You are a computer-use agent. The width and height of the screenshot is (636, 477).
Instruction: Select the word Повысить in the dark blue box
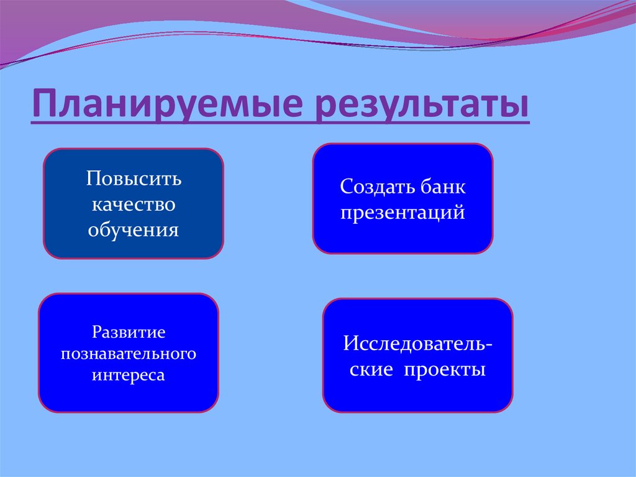(x=134, y=179)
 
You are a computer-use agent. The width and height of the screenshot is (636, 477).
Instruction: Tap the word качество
(x=134, y=205)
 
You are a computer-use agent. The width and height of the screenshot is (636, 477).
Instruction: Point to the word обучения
(x=134, y=231)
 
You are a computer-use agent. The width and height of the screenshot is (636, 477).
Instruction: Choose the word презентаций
(x=402, y=212)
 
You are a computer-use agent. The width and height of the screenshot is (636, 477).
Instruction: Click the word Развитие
(x=129, y=332)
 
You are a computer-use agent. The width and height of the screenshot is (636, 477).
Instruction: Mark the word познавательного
(x=129, y=354)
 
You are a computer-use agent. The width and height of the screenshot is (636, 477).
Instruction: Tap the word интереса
(x=129, y=376)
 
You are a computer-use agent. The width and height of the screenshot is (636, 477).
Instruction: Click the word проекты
(x=445, y=369)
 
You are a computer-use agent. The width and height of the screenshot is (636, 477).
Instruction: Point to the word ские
(x=371, y=369)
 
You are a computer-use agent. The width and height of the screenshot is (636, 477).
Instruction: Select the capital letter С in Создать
(x=345, y=186)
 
